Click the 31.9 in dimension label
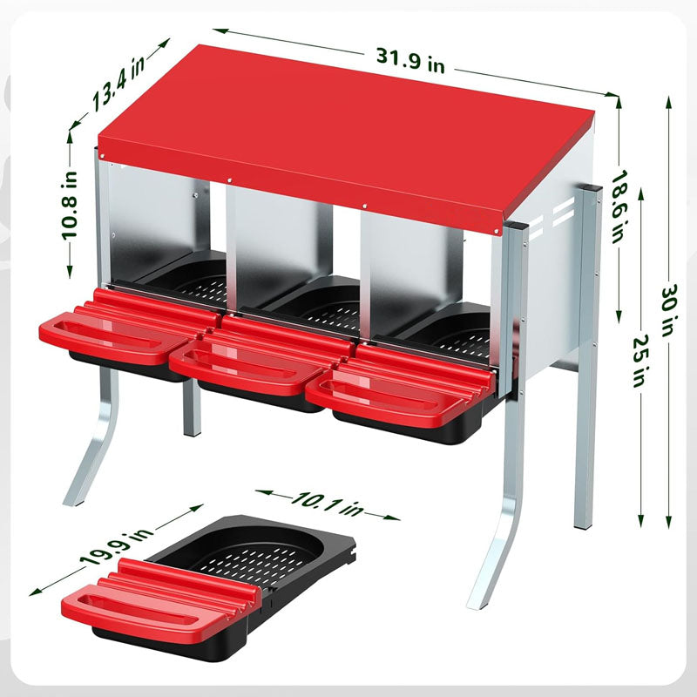coord(410,60)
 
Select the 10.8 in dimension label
coord(70,206)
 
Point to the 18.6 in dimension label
coord(619,206)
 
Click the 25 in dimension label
coord(640,360)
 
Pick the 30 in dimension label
coord(669,310)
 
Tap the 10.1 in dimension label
coord(328,504)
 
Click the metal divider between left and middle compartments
coord(232,249)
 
